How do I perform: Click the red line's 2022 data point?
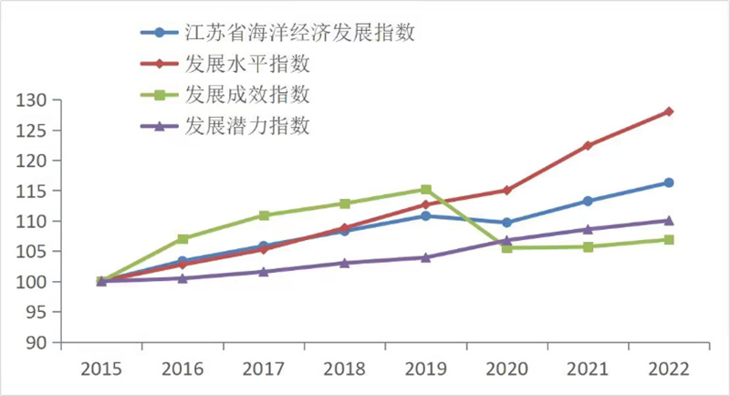[x=669, y=111]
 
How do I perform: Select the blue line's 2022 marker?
[x=669, y=182]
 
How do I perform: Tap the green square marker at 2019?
[x=426, y=190]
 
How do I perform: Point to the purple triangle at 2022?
[x=669, y=220]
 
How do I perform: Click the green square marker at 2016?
[x=182, y=239]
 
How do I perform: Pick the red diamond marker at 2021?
[x=588, y=145]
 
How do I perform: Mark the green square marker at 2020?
[x=506, y=247]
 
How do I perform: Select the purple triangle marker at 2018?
[x=345, y=263]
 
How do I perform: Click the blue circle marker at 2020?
[x=506, y=223]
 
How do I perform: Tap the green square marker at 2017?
[x=264, y=215]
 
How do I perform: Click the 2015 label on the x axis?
[x=101, y=369]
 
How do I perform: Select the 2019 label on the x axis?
[x=426, y=369]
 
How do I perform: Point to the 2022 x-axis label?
[x=669, y=369]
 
